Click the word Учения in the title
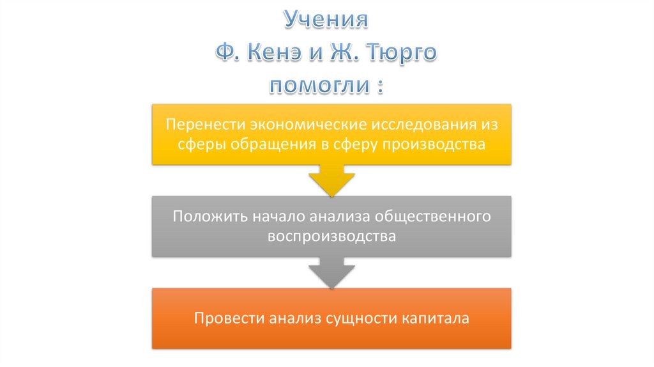326,19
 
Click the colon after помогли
381,86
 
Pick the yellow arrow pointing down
331,181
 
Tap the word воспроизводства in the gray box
332,235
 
